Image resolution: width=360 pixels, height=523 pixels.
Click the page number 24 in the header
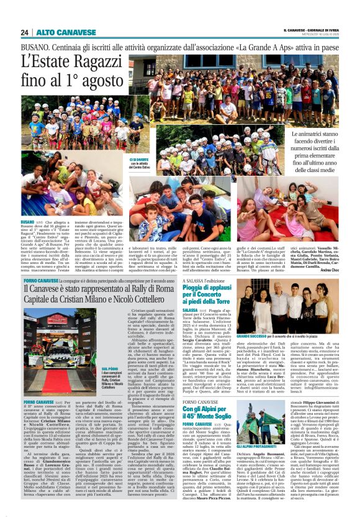coord(25,32)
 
